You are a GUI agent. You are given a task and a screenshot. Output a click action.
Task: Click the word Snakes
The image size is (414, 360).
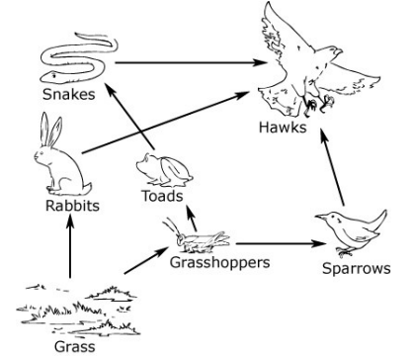tap(69, 94)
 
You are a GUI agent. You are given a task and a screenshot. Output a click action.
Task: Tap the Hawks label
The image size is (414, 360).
tap(283, 128)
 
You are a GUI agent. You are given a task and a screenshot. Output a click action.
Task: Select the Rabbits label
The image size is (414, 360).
tap(72, 206)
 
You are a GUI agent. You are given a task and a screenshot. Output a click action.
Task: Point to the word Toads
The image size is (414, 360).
tap(162, 196)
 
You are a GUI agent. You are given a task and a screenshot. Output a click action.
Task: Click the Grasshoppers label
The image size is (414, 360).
tap(220, 263)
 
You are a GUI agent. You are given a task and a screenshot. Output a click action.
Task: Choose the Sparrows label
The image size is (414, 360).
tap(357, 268)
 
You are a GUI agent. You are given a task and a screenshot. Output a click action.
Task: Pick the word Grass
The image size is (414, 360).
tap(75, 347)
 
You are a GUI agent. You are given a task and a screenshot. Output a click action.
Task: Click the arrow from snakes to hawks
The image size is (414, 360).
tap(191, 62)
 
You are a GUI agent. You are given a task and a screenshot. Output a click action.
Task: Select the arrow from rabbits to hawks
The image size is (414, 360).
tap(166, 123)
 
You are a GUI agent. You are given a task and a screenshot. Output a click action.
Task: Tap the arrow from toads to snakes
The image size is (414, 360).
tap(129, 116)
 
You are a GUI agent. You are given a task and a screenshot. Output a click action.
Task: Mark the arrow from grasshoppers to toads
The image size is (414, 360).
tap(192, 218)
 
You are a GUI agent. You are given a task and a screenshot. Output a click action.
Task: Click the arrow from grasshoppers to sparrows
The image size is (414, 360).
tap(281, 244)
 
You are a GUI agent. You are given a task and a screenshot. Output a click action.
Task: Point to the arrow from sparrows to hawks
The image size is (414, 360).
tap(332, 167)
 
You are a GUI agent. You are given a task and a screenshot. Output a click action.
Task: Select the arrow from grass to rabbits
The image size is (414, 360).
tap(70, 246)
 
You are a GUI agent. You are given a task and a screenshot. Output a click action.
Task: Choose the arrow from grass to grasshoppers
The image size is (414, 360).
tap(146, 260)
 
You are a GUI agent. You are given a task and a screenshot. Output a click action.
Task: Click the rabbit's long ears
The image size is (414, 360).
tap(50, 130)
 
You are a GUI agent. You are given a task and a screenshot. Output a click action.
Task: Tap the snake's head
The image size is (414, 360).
tap(49, 76)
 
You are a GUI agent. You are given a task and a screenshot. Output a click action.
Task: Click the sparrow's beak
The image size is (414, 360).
tap(321, 217)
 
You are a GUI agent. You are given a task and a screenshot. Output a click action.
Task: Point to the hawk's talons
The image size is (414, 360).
tap(318, 105)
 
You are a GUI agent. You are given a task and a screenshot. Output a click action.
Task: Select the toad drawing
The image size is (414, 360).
tap(164, 170)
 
